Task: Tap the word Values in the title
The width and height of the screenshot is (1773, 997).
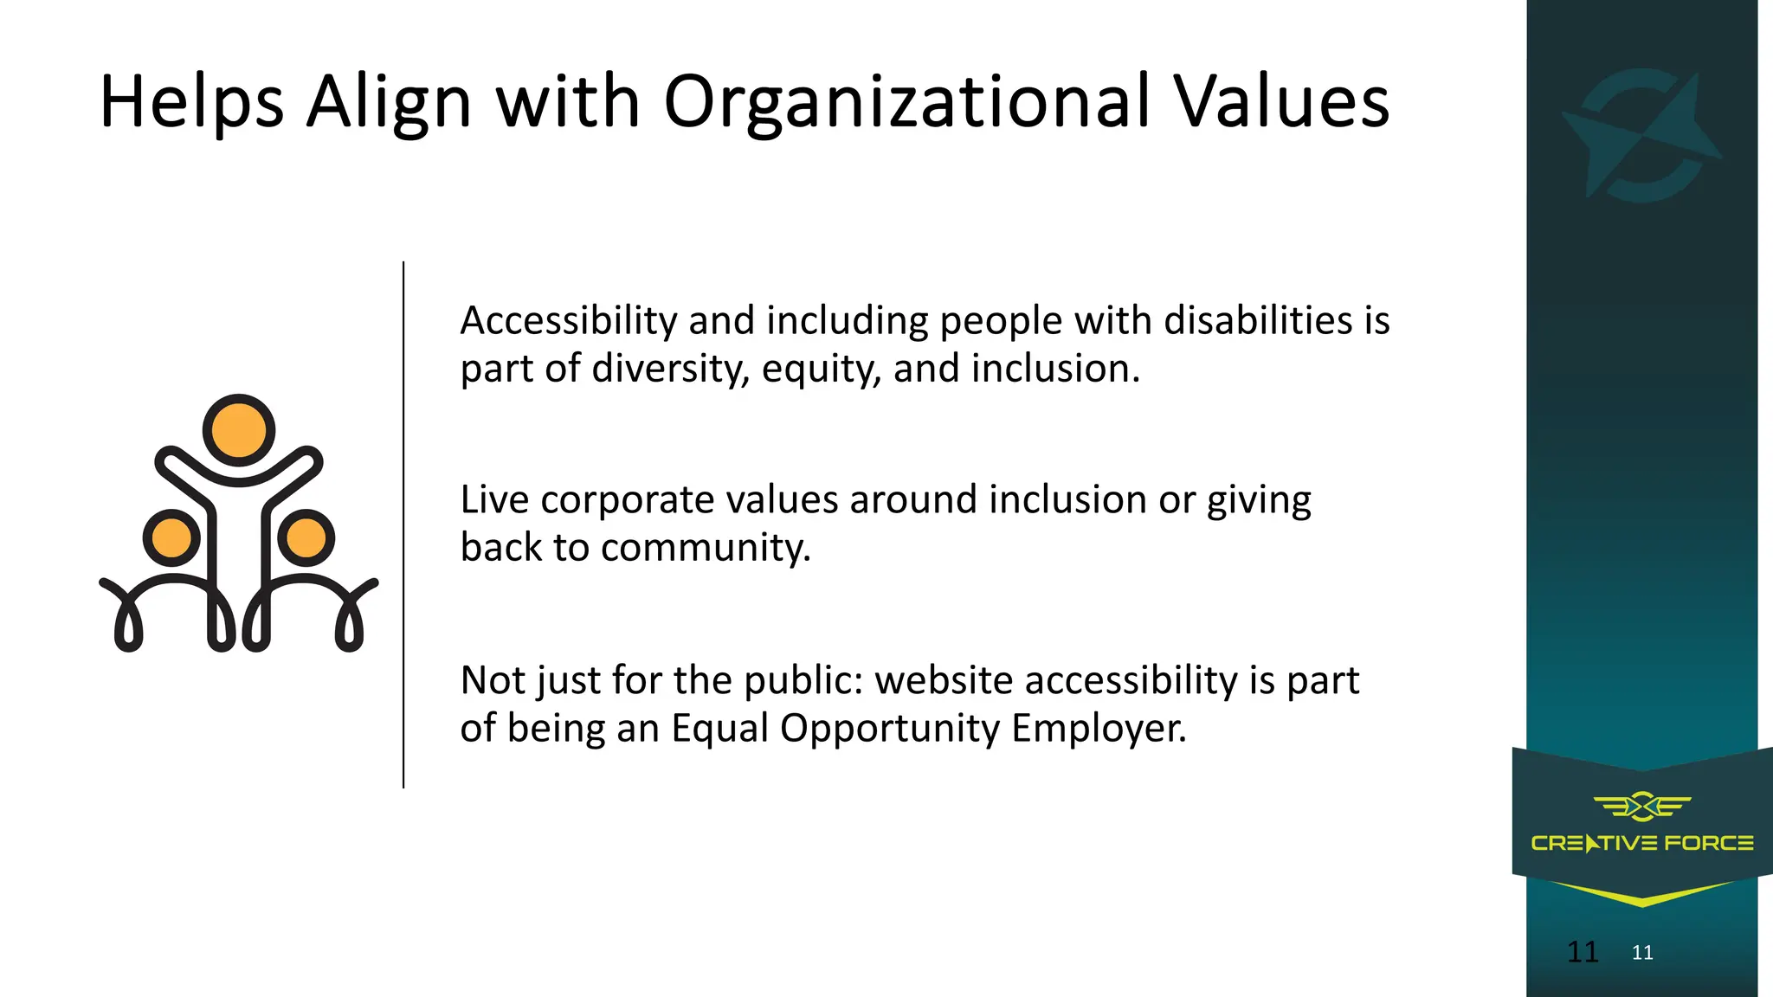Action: pos(1281,103)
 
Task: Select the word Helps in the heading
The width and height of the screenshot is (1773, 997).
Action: pos(191,103)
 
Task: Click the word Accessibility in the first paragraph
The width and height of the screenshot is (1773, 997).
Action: pos(568,321)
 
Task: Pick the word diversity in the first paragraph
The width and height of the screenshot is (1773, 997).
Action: pos(671,370)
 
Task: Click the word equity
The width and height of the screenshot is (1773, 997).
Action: pos(822,370)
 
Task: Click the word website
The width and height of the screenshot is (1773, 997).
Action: pos(944,680)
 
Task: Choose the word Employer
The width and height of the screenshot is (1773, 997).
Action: pos(1099,729)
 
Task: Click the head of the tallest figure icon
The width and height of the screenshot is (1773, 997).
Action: pos(239,430)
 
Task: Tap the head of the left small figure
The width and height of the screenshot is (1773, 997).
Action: pos(171,537)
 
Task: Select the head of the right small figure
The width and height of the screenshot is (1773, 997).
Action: pos(306,537)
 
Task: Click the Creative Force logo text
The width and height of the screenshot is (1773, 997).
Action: pos(1642,843)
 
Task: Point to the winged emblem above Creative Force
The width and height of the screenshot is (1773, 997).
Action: pos(1642,807)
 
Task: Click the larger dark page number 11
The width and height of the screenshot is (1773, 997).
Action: pos(1583,952)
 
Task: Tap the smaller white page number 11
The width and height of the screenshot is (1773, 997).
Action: pos(1642,953)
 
